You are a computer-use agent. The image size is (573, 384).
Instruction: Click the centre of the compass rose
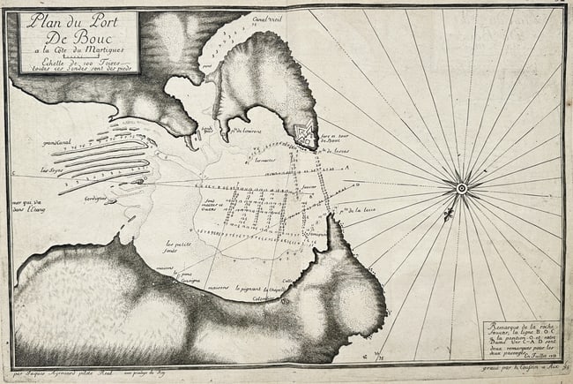(x=460, y=186)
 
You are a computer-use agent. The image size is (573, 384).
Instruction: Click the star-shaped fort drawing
(x=306, y=135)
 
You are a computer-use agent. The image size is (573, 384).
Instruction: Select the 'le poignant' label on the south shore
(x=256, y=289)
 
